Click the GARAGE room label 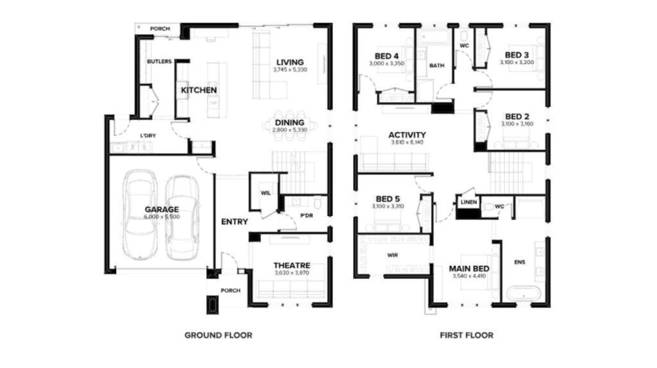[x=162, y=210]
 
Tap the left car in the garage [x=140, y=215]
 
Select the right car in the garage [x=182, y=218]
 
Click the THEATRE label [x=292, y=265]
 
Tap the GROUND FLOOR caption [x=218, y=335]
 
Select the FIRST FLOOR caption [x=466, y=335]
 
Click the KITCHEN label [x=199, y=90]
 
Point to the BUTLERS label [x=159, y=62]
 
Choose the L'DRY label [x=148, y=136]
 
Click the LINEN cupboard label [x=468, y=202]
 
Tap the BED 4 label [x=387, y=56]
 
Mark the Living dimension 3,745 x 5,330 [x=290, y=69]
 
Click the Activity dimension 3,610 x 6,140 [x=407, y=142]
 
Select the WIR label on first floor [x=393, y=255]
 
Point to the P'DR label [x=306, y=215]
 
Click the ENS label [x=520, y=262]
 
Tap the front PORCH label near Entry [x=230, y=290]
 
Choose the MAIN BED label [x=469, y=269]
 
